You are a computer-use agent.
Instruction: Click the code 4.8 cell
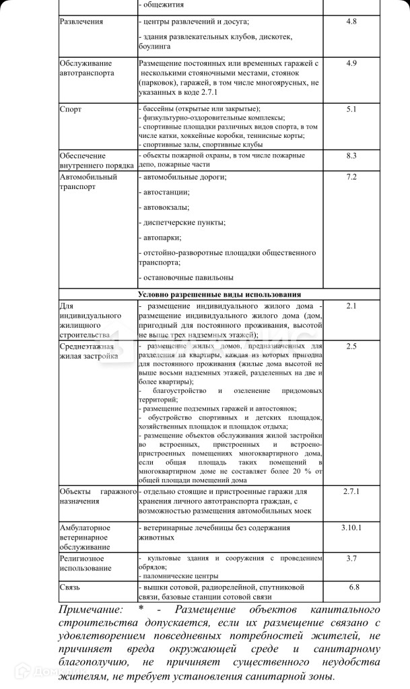pyautogui.click(x=351, y=22)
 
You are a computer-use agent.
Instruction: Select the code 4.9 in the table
pyautogui.click(x=351, y=63)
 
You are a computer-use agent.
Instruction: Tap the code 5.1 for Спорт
pyautogui.click(x=351, y=108)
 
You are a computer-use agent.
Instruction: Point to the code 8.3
pyautogui.click(x=351, y=155)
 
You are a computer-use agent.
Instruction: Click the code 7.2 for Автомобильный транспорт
pyautogui.click(x=351, y=177)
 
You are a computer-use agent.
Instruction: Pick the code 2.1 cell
pyautogui.click(x=351, y=306)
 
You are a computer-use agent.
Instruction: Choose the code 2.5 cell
pyautogui.click(x=351, y=347)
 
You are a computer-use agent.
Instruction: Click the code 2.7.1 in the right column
pyautogui.click(x=351, y=492)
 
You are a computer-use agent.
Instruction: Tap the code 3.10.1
pyautogui.click(x=351, y=527)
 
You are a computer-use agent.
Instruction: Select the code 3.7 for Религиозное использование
pyautogui.click(x=351, y=558)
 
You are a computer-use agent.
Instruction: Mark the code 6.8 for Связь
pyautogui.click(x=351, y=587)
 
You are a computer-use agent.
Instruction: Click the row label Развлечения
pyautogui.click(x=81, y=22)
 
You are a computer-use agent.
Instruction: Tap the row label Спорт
pyautogui.click(x=71, y=108)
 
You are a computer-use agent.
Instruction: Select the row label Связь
pyautogui.click(x=70, y=587)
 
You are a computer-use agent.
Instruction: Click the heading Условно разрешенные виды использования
pyautogui.click(x=219, y=294)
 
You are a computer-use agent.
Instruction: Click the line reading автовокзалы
pyautogui.click(x=165, y=208)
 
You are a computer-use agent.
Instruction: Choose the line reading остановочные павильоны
pyautogui.click(x=186, y=277)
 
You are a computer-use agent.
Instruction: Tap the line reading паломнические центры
pyautogui.click(x=179, y=576)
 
